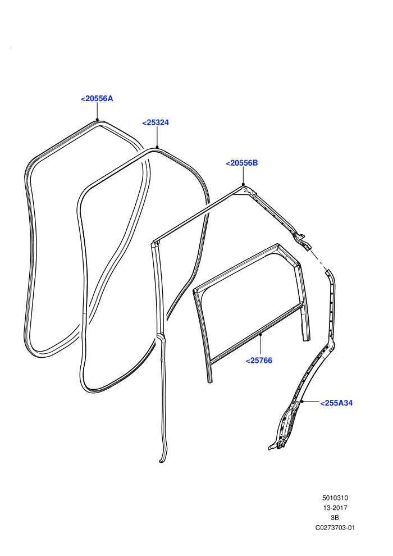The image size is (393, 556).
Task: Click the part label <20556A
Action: tap(97, 99)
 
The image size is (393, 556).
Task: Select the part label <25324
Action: tap(155, 122)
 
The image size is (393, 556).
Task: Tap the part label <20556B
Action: tap(241, 163)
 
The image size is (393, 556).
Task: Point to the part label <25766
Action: tap(259, 361)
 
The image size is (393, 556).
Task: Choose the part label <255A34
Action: tap(336, 403)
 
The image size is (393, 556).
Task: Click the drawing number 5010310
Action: tap(335, 498)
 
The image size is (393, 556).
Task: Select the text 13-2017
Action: tap(335, 508)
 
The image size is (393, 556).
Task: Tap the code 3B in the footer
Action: tap(335, 518)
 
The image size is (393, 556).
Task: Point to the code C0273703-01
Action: tap(335, 527)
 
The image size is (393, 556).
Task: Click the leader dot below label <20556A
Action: tap(97, 120)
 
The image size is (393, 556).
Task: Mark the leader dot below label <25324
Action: tap(157, 147)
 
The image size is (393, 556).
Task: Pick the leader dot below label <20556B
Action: tap(243, 184)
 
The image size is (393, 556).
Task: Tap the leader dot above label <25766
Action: tap(261, 334)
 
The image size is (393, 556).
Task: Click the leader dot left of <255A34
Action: tap(302, 402)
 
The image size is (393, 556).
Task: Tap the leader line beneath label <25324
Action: tap(157, 137)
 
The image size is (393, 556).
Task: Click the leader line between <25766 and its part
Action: tap(261, 345)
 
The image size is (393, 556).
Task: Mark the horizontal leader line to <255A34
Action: tap(310, 402)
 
